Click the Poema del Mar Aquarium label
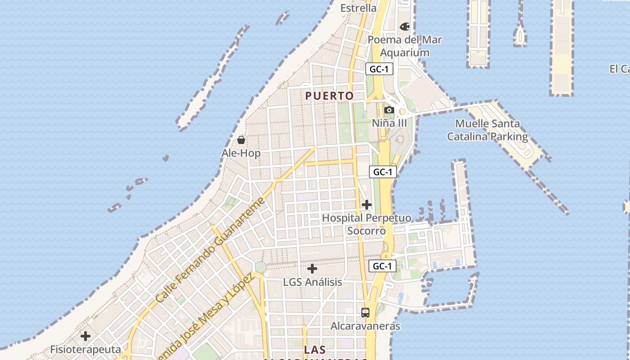[405, 46]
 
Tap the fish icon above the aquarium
[405, 27]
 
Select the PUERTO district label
[329, 96]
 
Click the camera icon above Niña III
[389, 110]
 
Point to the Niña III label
[389, 123]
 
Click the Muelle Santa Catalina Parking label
[487, 130]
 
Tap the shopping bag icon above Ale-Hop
[241, 140]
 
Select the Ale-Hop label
[241, 153]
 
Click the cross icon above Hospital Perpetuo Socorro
[367, 205]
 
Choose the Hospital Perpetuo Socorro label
[367, 224]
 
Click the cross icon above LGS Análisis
[312, 269]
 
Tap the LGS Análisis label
[312, 282]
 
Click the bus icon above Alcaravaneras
[365, 312]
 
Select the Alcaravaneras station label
[365, 326]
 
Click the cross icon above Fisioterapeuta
[85, 336]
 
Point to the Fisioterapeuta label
[85, 350]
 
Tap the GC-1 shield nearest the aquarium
[380, 69]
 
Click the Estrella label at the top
[358, 8]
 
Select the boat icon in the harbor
[520, 35]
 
